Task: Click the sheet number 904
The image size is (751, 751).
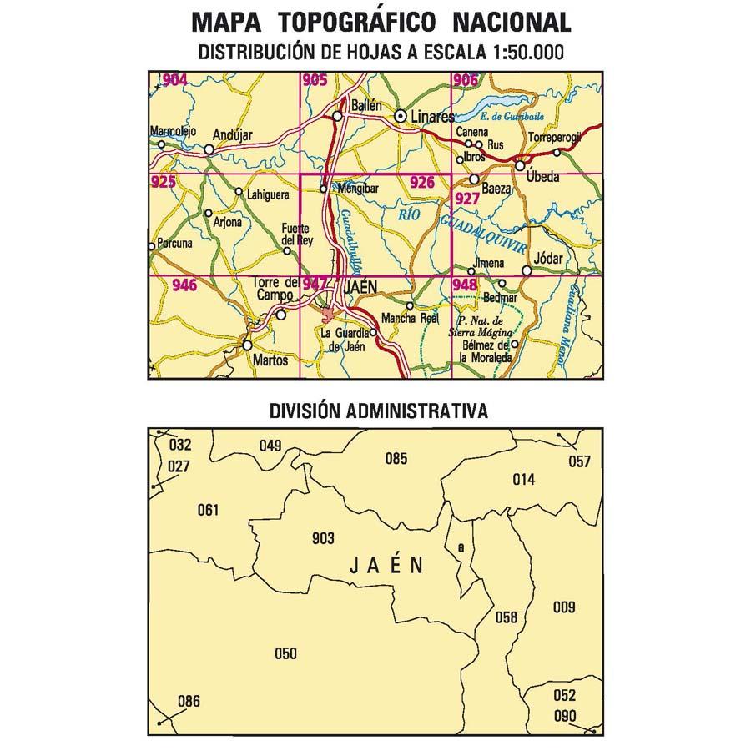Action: (x=176, y=80)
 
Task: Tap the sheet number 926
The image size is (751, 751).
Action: (x=422, y=183)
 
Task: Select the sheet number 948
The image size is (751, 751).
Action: (x=465, y=285)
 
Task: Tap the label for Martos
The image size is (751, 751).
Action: (x=270, y=360)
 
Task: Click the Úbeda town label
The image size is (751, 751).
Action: (x=544, y=178)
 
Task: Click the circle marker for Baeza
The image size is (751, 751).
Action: (x=474, y=179)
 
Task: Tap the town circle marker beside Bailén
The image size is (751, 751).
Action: (x=338, y=117)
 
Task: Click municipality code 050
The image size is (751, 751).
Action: (x=285, y=653)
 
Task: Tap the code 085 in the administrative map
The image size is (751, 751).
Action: (x=396, y=457)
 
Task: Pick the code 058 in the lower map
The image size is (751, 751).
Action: (x=507, y=617)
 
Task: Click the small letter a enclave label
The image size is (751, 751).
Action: (x=461, y=547)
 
